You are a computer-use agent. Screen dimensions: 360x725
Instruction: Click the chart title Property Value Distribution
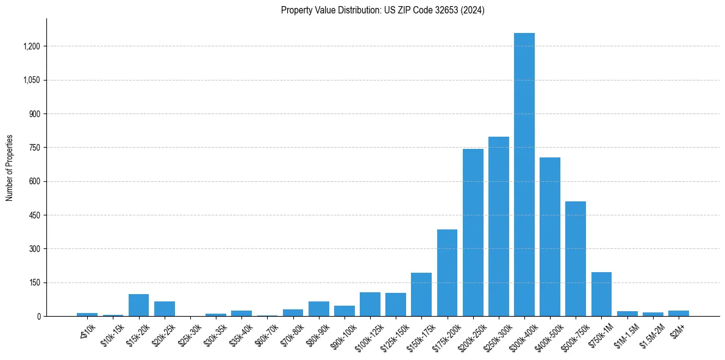pyautogui.click(x=382, y=10)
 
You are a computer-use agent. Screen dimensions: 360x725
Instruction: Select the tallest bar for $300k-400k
pyautogui.click(x=524, y=175)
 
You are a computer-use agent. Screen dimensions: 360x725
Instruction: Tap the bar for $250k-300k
pyautogui.click(x=498, y=226)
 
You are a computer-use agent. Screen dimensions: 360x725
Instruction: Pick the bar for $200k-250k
pyautogui.click(x=473, y=232)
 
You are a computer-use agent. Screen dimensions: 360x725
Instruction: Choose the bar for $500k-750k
pyautogui.click(x=575, y=259)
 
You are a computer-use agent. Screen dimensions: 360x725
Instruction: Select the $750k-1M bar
pyautogui.click(x=601, y=294)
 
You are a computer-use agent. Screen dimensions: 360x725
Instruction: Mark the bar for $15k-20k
pyautogui.click(x=138, y=305)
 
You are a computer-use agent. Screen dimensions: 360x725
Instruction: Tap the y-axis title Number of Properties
pyautogui.click(x=10, y=168)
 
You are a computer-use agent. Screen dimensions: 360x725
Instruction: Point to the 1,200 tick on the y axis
pyautogui.click(x=31, y=46)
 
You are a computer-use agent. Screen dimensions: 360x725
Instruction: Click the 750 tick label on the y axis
pyautogui.click(x=35, y=148)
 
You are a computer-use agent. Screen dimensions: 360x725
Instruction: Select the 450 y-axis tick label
pyautogui.click(x=35, y=215)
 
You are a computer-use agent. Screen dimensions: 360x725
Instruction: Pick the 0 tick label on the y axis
pyautogui.click(x=38, y=317)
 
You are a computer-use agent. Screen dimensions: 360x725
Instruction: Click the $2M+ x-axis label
pyautogui.click(x=677, y=330)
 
